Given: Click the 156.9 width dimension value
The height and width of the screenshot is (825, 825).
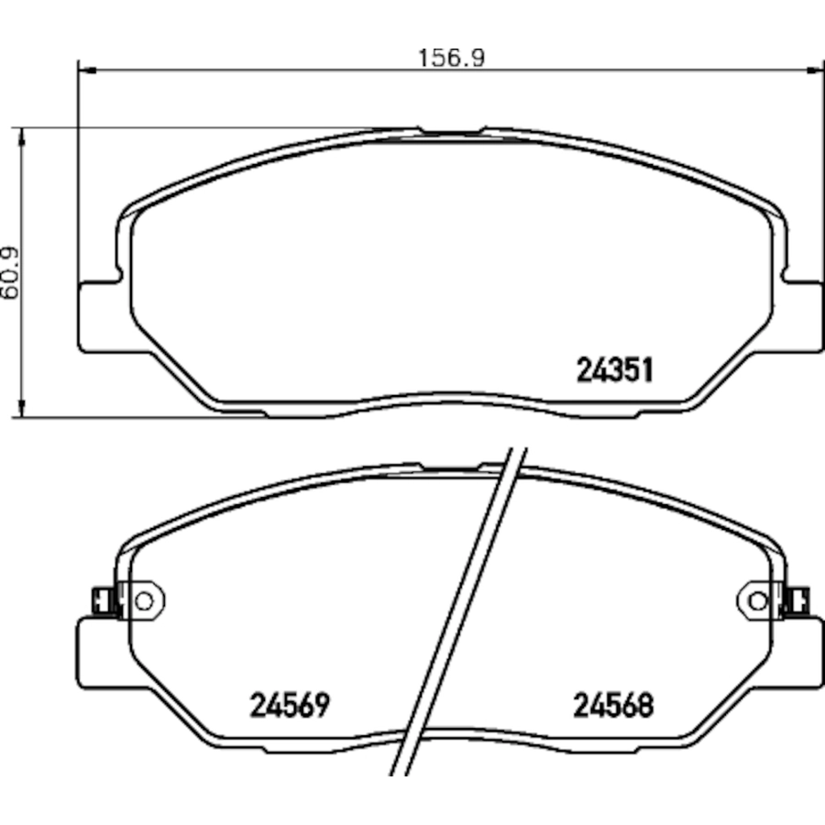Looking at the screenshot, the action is pos(451,58).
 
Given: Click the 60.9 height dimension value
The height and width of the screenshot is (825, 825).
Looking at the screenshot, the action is pos(9,273).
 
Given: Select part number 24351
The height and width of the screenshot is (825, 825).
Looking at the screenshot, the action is pos(615,370).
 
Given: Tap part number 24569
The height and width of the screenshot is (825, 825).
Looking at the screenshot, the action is pos(290,705).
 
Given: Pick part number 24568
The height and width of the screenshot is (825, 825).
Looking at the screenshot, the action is pos(613,705).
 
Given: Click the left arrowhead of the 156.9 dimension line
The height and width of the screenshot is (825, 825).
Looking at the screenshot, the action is pos(87,70).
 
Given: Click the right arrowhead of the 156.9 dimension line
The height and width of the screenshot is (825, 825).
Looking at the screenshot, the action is pos(815,70).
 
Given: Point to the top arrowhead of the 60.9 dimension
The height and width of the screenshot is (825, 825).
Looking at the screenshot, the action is pos(22,137).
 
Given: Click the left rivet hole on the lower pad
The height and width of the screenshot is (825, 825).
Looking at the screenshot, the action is pos(144,600).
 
